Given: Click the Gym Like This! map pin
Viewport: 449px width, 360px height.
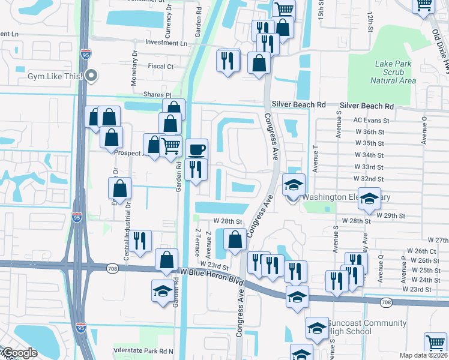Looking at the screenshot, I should point(91,76).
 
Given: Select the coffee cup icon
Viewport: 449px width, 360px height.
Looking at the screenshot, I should point(196,149).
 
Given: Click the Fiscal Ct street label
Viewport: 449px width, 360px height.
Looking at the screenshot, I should point(161,67).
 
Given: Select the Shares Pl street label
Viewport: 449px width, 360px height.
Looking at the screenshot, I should point(157,95).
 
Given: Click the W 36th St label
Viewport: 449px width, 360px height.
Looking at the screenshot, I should point(369,132).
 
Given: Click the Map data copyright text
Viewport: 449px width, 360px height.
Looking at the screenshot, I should point(423,355).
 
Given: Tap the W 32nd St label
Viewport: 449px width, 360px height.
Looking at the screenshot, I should point(369,179).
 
